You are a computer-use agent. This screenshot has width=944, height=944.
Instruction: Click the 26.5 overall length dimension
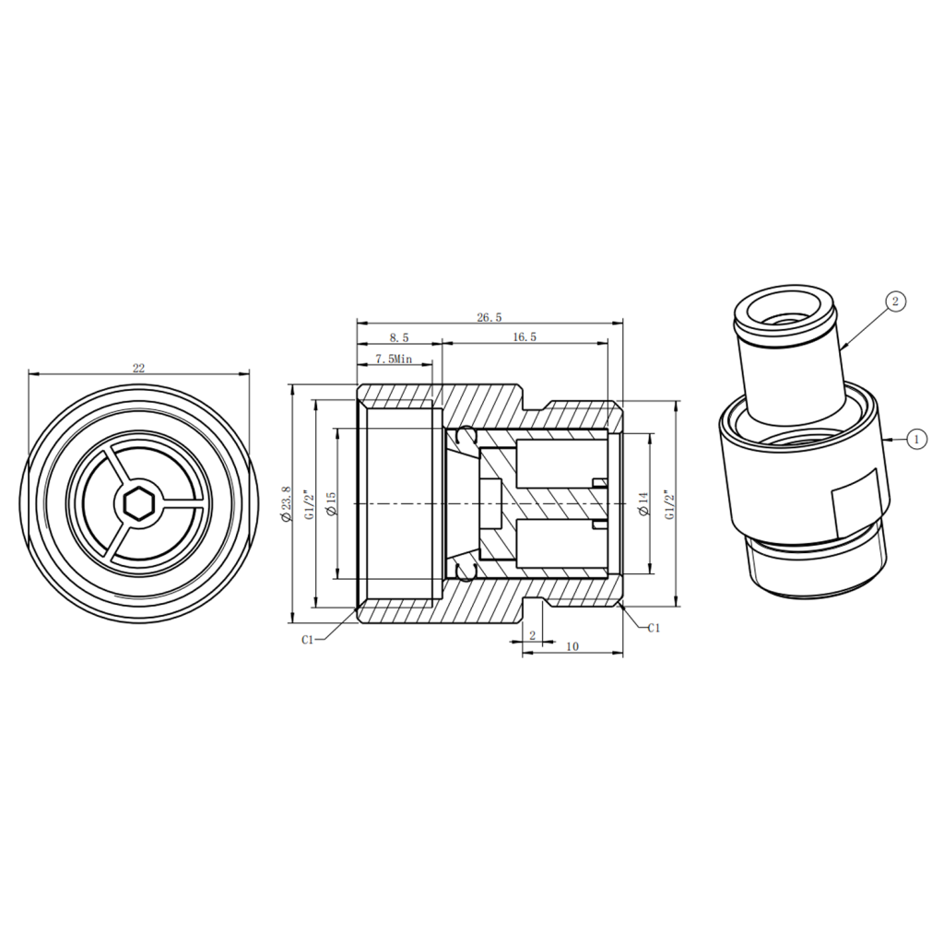point(489,317)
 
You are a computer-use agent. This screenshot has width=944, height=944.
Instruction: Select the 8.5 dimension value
point(398,337)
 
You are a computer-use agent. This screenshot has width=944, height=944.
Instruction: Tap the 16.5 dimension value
point(525,337)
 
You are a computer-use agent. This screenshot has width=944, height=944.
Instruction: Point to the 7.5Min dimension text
point(394,359)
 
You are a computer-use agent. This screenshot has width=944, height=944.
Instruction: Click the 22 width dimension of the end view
point(138,368)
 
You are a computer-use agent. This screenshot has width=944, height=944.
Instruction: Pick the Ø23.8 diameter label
point(286,504)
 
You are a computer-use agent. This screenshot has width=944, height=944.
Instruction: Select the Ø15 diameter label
point(331,503)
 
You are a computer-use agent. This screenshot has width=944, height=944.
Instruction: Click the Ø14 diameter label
point(643,503)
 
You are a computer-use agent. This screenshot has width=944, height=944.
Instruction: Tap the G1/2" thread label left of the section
point(310,504)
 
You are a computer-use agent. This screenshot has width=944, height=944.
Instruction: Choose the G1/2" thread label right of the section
point(667,504)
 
